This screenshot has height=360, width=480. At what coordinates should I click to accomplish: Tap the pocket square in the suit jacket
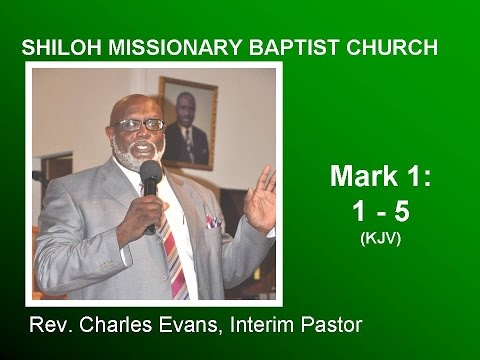click(x=212, y=221)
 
